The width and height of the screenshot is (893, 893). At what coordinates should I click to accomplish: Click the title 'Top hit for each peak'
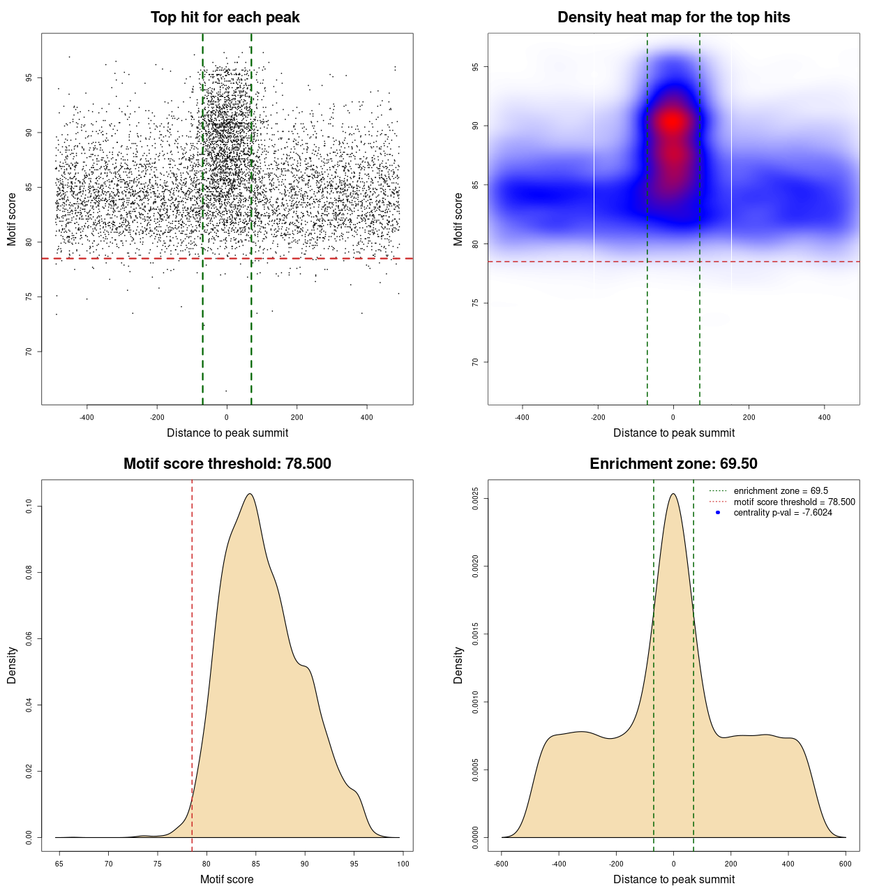pyautogui.click(x=225, y=17)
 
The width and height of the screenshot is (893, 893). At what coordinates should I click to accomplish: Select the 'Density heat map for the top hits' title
pyautogui.click(x=673, y=17)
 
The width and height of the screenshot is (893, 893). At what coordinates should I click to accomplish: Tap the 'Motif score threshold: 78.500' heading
pyautogui.click(x=227, y=464)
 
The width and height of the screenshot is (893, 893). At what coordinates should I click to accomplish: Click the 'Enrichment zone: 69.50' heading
pyautogui.click(x=673, y=464)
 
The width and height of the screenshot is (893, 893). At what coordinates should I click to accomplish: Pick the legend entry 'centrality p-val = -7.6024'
pyautogui.click(x=783, y=513)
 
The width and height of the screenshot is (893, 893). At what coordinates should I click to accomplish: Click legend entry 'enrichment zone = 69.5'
pyautogui.click(x=781, y=491)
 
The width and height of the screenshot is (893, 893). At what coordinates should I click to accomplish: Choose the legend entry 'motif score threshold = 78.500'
pyautogui.click(x=794, y=502)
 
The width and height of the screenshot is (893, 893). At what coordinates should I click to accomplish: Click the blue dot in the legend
pyautogui.click(x=718, y=513)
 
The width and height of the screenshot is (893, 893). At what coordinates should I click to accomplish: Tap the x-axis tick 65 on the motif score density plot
pyautogui.click(x=59, y=864)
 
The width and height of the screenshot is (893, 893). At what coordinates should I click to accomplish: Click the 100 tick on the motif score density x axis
pyautogui.click(x=403, y=864)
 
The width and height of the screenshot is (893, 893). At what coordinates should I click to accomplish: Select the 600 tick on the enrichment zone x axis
pyautogui.click(x=846, y=864)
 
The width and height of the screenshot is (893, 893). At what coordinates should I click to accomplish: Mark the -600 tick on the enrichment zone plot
pyautogui.click(x=501, y=864)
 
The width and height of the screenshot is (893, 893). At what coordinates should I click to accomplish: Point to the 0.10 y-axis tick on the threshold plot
pyautogui.click(x=29, y=506)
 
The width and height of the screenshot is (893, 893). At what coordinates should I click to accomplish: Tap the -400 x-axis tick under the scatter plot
pyautogui.click(x=87, y=417)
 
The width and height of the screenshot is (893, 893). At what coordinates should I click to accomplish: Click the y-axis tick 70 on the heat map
pyautogui.click(x=476, y=362)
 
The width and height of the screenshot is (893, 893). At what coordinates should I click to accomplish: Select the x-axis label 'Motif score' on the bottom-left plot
pyautogui.click(x=227, y=879)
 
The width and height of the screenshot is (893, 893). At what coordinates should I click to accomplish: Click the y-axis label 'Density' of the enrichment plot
pyautogui.click(x=458, y=665)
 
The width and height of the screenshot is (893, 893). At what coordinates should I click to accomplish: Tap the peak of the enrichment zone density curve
pyautogui.click(x=673, y=494)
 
